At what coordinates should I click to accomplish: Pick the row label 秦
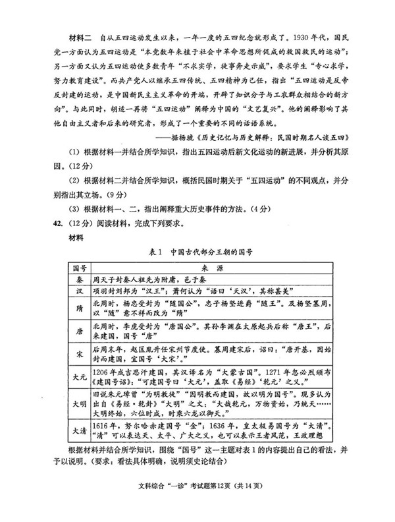(x=80, y=280)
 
